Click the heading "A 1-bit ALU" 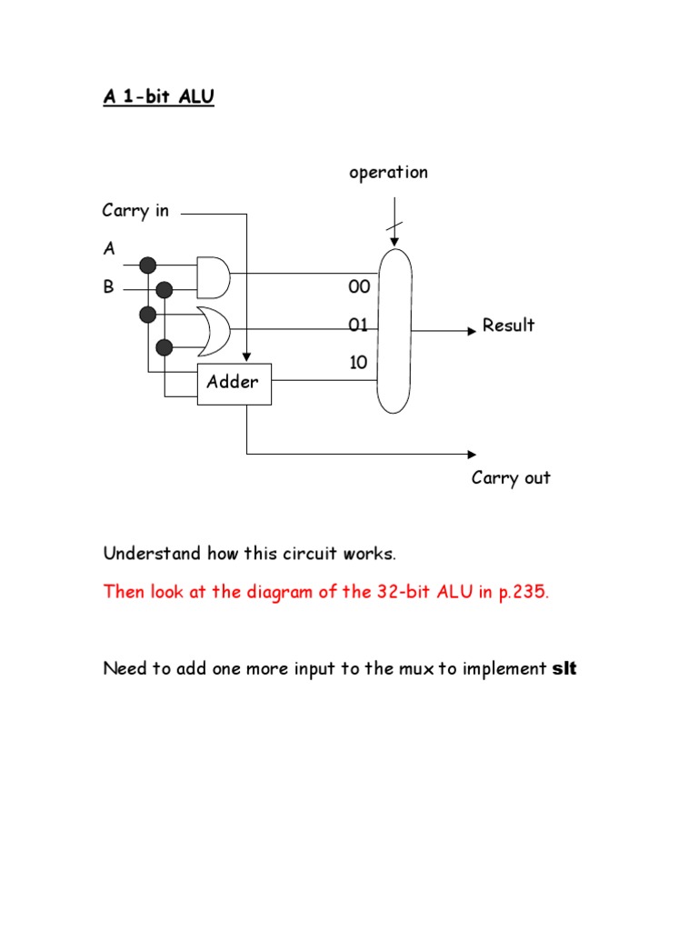(158, 97)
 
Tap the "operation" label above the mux (388, 173)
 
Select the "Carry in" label (135, 211)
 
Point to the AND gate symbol (214, 276)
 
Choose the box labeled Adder (233, 382)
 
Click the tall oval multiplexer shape (394, 330)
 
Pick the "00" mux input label (359, 287)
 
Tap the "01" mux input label (359, 325)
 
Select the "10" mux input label (359, 363)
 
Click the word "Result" (508, 325)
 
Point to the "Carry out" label (511, 478)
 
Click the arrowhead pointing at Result (471, 331)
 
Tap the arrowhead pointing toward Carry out (471, 454)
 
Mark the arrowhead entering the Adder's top (246, 358)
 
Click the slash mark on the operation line (394, 226)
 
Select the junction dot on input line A (148, 265)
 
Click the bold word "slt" (564, 669)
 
